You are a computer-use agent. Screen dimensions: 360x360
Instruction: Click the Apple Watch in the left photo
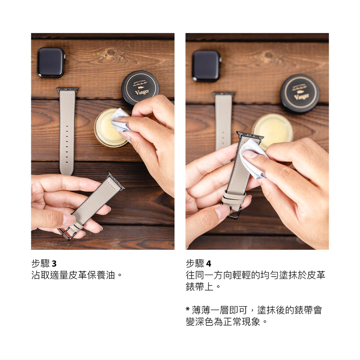pyautogui.click(x=51, y=62)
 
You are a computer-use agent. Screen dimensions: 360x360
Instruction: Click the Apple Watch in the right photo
pyautogui.click(x=207, y=66)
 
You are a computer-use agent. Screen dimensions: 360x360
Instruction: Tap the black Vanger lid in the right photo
pyautogui.click(x=300, y=93)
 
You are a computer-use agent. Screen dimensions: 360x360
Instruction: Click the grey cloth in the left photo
pyautogui.click(x=121, y=122)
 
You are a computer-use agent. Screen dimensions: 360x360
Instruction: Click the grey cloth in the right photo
pyautogui.click(x=253, y=158)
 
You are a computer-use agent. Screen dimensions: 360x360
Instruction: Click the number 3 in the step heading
pyautogui.click(x=54, y=264)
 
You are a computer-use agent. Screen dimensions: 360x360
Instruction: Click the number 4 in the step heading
pyautogui.click(x=208, y=264)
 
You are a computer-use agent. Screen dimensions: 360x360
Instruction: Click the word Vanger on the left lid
pyautogui.click(x=142, y=92)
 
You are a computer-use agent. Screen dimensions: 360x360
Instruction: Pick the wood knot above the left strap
pyautogui.click(x=111, y=52)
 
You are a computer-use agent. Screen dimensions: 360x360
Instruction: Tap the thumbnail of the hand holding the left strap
pyautogui.click(x=69, y=220)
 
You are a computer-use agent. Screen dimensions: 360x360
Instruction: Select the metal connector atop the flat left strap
pyautogui.click(x=68, y=90)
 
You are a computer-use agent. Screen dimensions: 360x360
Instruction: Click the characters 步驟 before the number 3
pyautogui.click(x=40, y=264)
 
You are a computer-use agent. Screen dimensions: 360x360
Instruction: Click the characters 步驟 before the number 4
pyautogui.click(x=195, y=264)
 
